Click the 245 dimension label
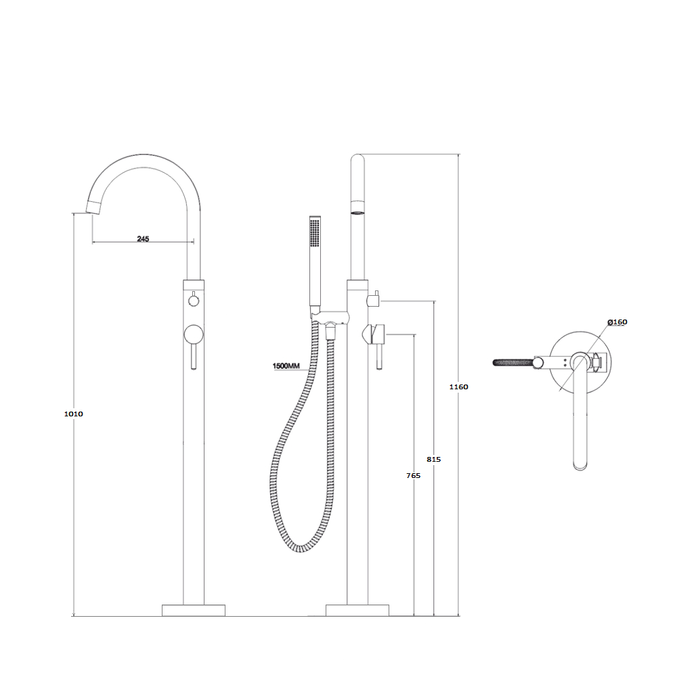[x=143, y=239]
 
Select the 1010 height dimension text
[x=73, y=414]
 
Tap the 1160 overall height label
[x=458, y=387]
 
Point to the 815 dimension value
[x=434, y=460]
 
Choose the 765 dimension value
[x=413, y=475]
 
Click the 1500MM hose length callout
[x=286, y=366]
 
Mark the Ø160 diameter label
[x=617, y=322]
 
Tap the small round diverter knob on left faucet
[x=194, y=300]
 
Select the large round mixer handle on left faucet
[x=194, y=334]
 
